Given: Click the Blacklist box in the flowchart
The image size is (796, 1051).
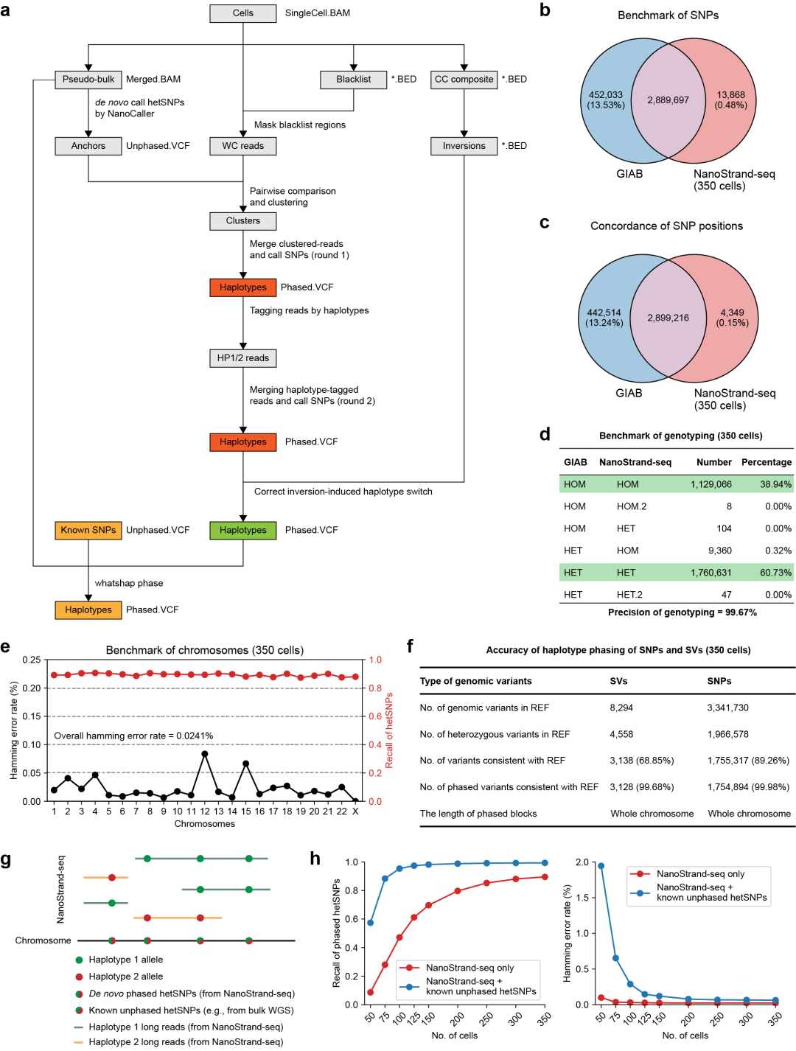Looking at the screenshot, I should (x=354, y=80).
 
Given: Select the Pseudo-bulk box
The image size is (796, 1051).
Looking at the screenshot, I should (x=88, y=80).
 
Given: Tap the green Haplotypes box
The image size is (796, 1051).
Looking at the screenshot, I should (x=243, y=530).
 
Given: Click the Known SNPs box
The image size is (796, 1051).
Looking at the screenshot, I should (x=88, y=530).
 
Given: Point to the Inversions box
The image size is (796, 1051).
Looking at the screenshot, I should (x=464, y=146).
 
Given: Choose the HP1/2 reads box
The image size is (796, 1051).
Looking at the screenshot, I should (x=243, y=358).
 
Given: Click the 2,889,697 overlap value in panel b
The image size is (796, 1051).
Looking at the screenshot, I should (x=668, y=100).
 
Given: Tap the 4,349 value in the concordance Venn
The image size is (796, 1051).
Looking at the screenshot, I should (x=732, y=312).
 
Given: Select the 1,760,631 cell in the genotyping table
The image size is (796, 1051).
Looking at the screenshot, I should (x=711, y=573).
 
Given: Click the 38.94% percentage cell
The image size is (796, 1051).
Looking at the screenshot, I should (x=776, y=484).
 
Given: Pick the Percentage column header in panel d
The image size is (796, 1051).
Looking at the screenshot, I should (x=767, y=462).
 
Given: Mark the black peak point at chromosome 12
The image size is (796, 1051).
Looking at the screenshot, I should (x=205, y=754).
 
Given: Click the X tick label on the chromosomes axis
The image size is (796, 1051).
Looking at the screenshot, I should (x=355, y=811).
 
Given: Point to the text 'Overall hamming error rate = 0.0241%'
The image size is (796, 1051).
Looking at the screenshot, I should (x=133, y=736).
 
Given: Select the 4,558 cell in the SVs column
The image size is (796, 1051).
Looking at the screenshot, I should (x=621, y=734).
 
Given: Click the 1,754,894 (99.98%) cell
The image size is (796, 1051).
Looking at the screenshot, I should (x=748, y=787).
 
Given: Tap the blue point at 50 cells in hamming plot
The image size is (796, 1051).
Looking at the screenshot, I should (x=601, y=866).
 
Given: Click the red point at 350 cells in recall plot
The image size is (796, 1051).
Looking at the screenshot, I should (x=545, y=877).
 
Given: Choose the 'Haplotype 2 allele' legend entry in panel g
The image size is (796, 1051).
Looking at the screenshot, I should (x=125, y=977).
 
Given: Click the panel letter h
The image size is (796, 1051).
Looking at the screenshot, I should (x=315, y=859).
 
